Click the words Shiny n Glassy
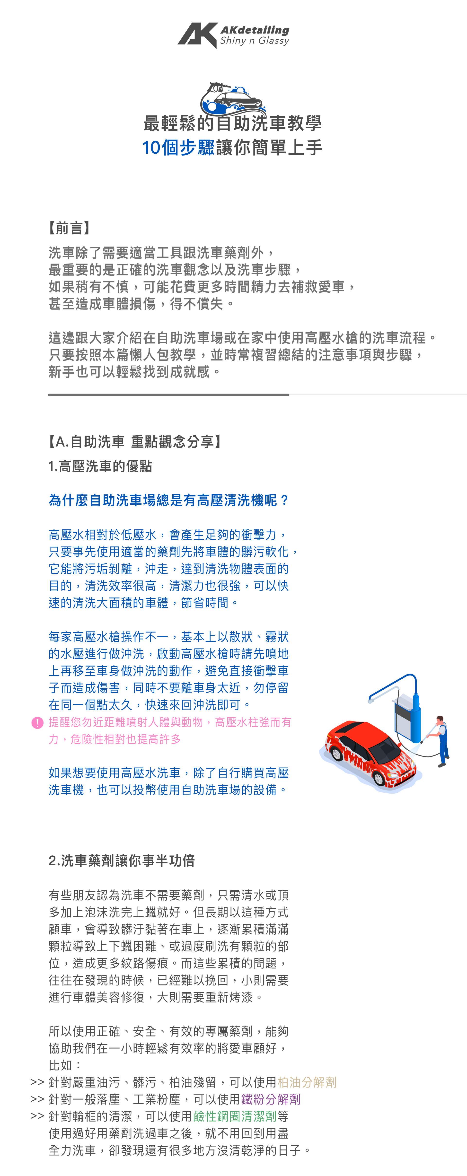pyautogui.click(x=255, y=41)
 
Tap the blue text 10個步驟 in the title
pyautogui.click(x=178, y=148)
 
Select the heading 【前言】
pyautogui.click(x=69, y=228)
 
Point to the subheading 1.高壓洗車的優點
pyautogui.click(x=100, y=466)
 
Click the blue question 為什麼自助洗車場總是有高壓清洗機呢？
pyautogui.click(x=169, y=500)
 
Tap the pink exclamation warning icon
pyautogui.click(x=37, y=723)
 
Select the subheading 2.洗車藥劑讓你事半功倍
pyautogui.click(x=121, y=860)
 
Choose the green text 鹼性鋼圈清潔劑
pyautogui.click(x=235, y=1116)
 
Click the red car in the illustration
pyautogui.click(x=365, y=749)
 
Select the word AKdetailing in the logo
pyautogui.click(x=255, y=30)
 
